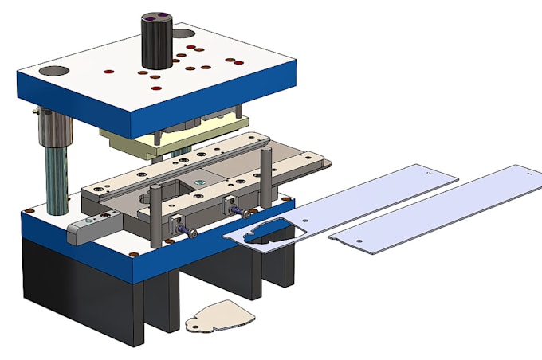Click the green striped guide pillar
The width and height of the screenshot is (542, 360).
tap(57, 179)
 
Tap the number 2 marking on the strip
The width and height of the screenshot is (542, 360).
tap(430, 171)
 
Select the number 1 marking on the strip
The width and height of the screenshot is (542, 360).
tap(528, 170)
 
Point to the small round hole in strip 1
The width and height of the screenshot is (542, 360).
tap(359, 237)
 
